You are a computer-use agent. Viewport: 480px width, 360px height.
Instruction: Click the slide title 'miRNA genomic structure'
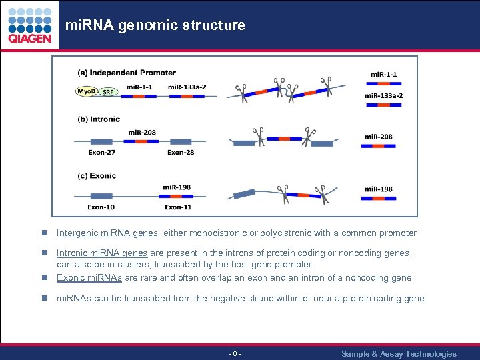tap(155, 25)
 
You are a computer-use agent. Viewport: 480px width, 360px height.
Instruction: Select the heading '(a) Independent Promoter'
tap(127, 73)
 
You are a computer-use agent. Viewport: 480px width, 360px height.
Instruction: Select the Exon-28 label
tap(181, 153)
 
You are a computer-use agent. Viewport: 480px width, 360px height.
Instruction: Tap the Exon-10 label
tap(101, 207)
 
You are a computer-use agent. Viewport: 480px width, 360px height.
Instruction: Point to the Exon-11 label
tap(178, 207)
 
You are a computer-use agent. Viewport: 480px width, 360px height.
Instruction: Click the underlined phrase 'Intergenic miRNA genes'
tap(107, 233)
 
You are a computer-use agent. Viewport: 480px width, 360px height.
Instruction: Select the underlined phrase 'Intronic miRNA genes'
tap(102, 253)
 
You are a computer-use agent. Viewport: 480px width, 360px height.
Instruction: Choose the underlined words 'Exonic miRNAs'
tap(88, 278)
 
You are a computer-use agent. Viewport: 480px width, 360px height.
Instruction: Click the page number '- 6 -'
tap(235, 354)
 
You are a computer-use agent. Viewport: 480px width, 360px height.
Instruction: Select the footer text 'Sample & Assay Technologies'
tap(399, 354)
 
